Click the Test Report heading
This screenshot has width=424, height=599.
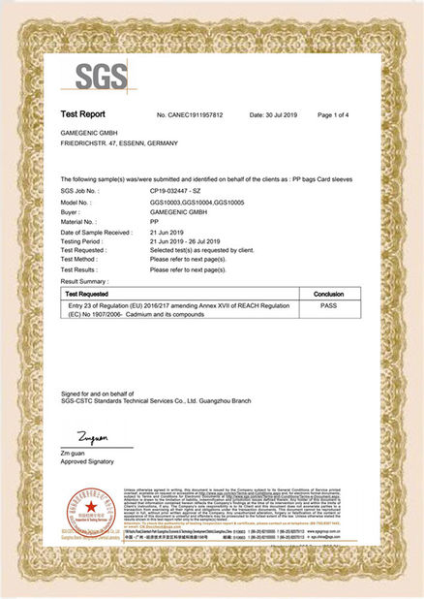84,114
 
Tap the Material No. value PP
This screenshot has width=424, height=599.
154,229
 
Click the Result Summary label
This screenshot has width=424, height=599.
88,280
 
